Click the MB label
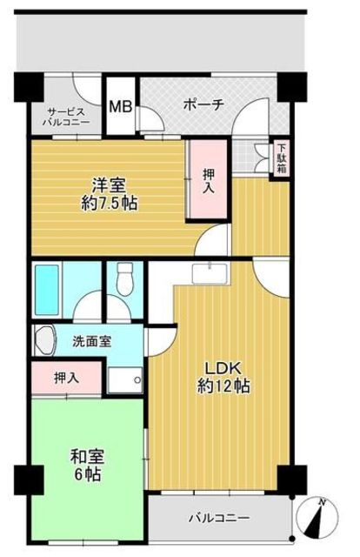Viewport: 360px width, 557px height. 120,107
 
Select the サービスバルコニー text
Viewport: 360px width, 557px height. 68,117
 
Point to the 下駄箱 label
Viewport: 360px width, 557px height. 282,160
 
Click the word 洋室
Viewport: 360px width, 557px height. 111,185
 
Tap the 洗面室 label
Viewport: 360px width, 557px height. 90,341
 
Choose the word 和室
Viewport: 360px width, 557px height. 86,455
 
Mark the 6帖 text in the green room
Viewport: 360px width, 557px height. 86,474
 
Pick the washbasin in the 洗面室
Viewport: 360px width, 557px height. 44,339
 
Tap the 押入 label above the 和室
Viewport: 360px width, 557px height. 66,378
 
